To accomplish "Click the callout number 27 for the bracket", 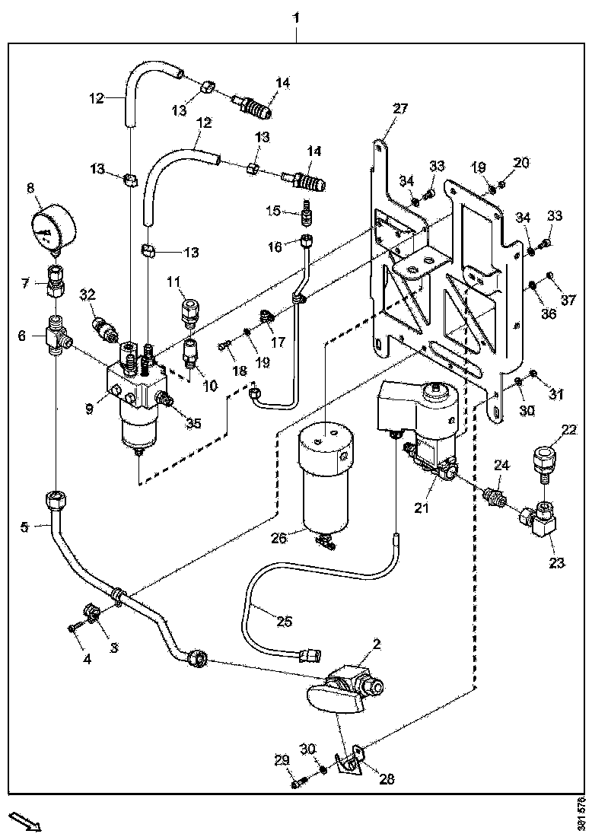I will pos(400,109).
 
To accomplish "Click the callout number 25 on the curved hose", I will pos(283,622).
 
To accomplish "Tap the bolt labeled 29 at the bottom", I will pos(297,781).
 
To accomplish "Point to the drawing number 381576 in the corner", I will pos(582,813).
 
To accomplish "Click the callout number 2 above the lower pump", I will pos(376,644).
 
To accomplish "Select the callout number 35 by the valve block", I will pos(194,424).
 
